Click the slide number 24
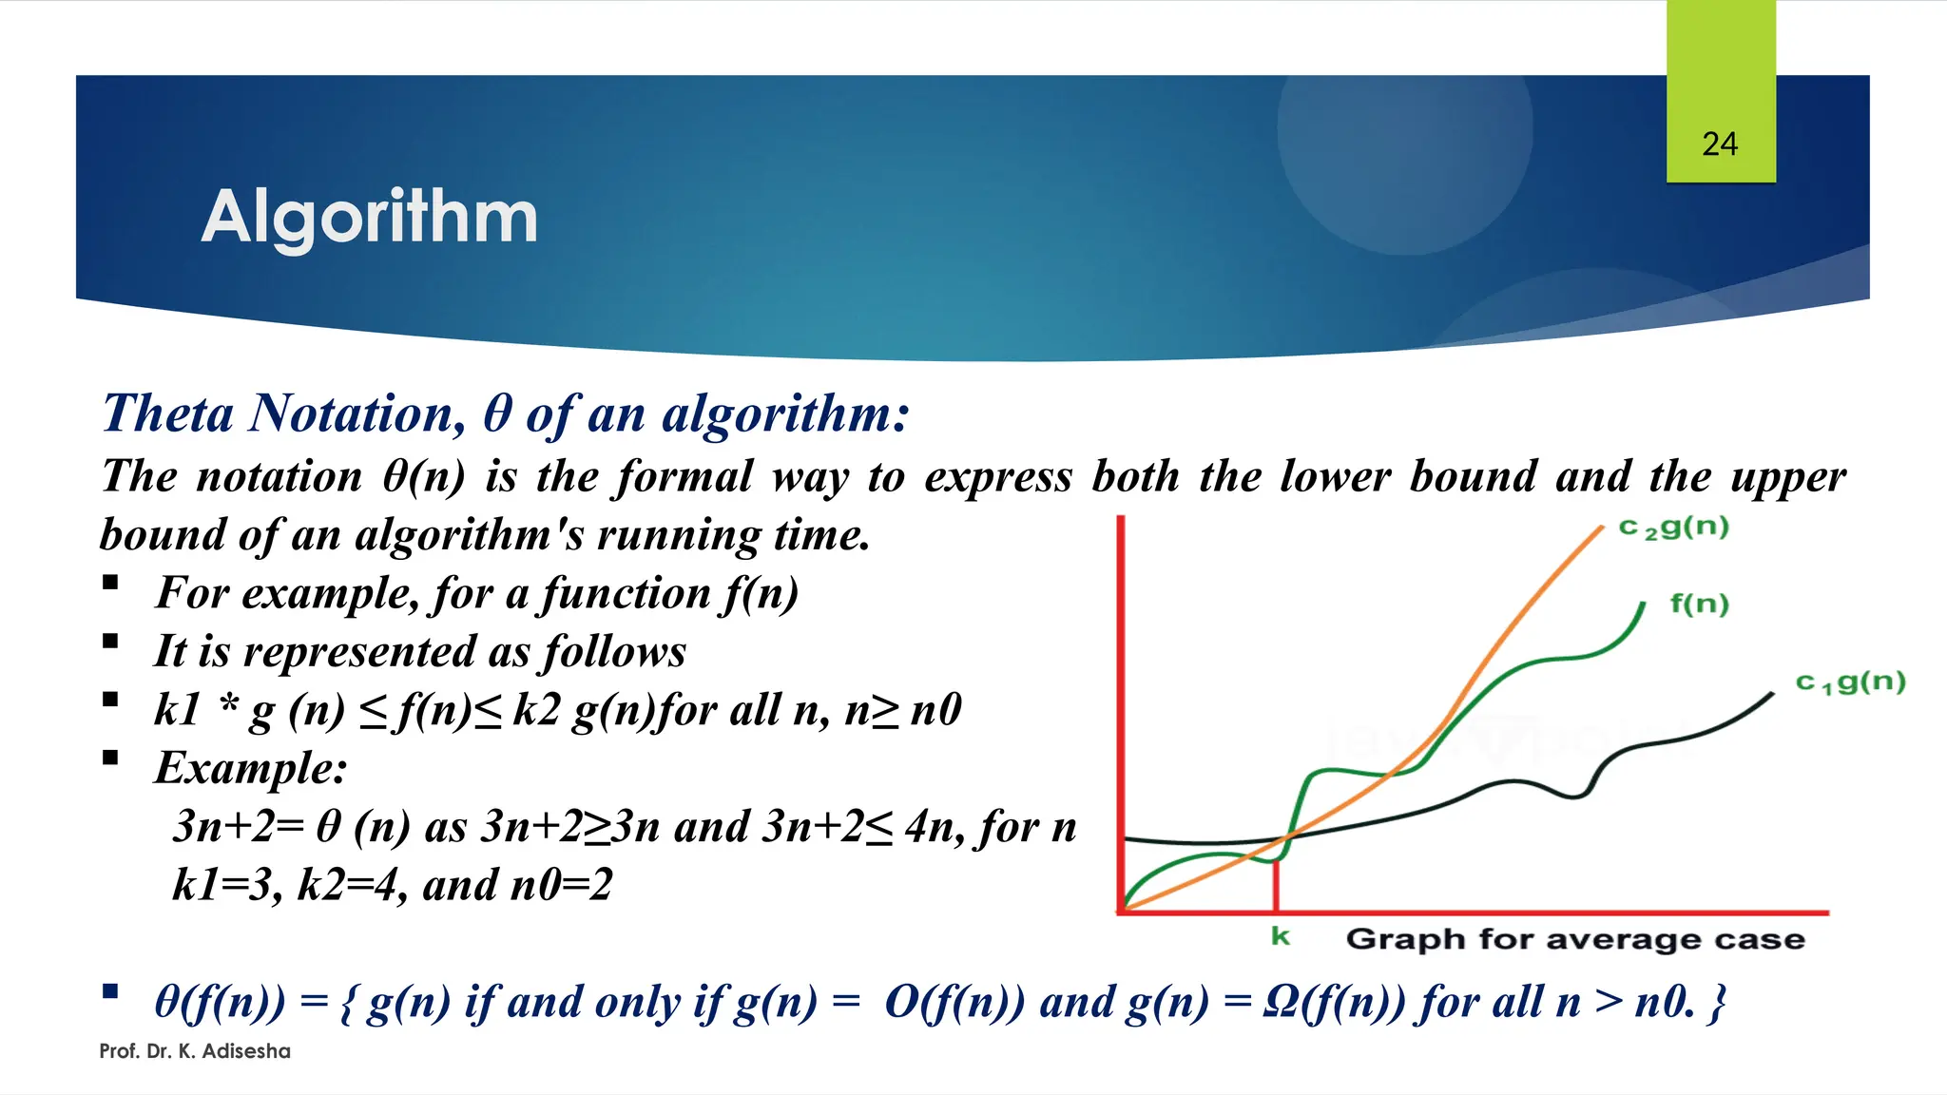pos(1720,144)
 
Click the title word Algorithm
pos(370,218)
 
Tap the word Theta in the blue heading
pos(168,413)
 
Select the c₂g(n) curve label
pos(1674,528)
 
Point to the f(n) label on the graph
pos(1700,605)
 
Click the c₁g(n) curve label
pos(1850,682)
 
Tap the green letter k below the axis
pos(1281,937)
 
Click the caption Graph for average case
pos(1575,940)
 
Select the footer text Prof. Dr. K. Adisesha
pos(195,1051)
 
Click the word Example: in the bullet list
pos(251,768)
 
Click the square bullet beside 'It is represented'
pos(110,642)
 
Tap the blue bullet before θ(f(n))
pos(110,992)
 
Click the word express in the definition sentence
pos(997,477)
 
